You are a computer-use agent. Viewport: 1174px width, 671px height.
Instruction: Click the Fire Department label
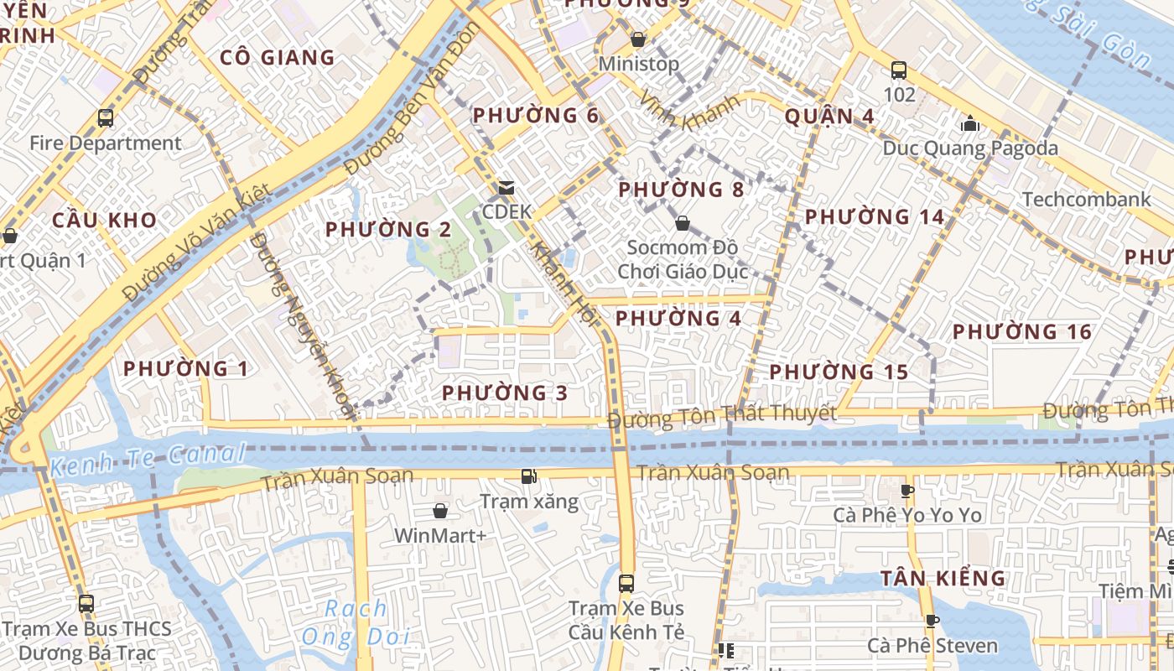pyautogui.click(x=106, y=143)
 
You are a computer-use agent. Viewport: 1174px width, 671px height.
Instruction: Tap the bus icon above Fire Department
pyautogui.click(x=106, y=118)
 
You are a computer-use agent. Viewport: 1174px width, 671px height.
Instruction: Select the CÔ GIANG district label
pyautogui.click(x=277, y=58)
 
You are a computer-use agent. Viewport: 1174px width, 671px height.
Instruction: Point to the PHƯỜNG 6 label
pyautogui.click(x=536, y=116)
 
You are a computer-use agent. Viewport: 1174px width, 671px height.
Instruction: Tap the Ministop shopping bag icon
pyautogui.click(x=638, y=39)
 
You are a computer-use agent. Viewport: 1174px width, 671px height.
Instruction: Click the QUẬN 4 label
pyautogui.click(x=829, y=117)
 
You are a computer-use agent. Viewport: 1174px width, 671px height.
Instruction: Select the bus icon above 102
pyautogui.click(x=899, y=70)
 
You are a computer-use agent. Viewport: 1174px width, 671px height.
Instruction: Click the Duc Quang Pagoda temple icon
pyautogui.click(x=970, y=124)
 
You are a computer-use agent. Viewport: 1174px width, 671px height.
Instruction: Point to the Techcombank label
pyautogui.click(x=1086, y=200)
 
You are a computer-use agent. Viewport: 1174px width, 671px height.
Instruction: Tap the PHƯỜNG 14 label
pyautogui.click(x=875, y=217)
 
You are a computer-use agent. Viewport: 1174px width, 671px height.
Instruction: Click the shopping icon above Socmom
pyautogui.click(x=683, y=223)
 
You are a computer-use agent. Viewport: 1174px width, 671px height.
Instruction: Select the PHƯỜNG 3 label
pyautogui.click(x=505, y=393)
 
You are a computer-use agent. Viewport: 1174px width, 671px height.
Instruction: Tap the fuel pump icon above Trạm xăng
pyautogui.click(x=528, y=477)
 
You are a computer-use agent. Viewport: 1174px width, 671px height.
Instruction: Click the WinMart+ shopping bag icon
pyautogui.click(x=440, y=511)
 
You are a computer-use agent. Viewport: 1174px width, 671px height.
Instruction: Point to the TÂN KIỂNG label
pyautogui.click(x=943, y=578)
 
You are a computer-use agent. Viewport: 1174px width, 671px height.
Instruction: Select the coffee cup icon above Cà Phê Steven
pyautogui.click(x=932, y=622)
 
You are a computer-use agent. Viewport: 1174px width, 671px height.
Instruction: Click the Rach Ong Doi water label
pyautogui.click(x=356, y=622)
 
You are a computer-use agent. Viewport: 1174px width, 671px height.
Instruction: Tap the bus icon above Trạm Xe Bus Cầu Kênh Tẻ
pyautogui.click(x=626, y=584)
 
